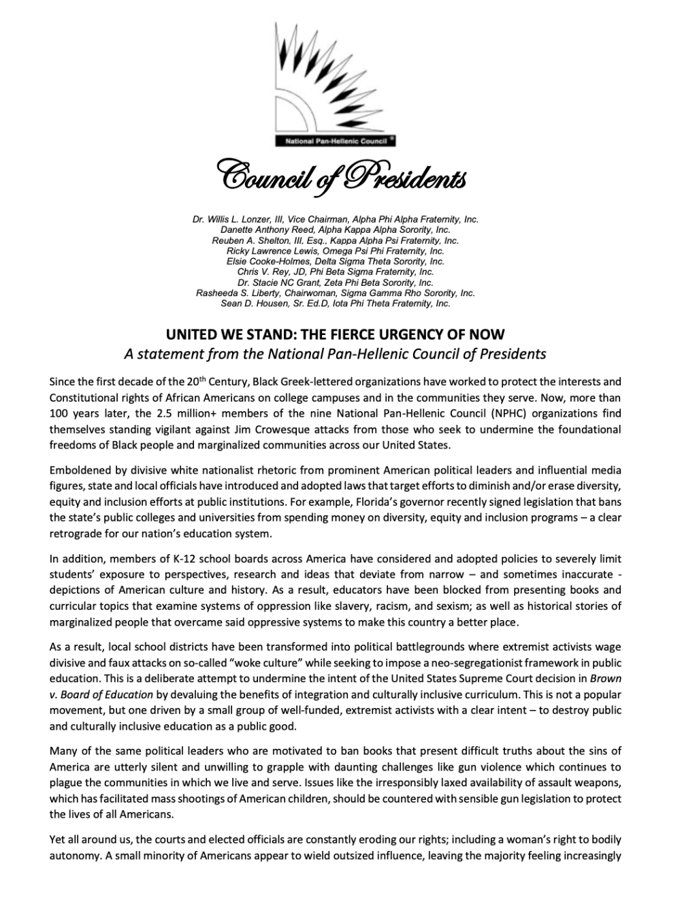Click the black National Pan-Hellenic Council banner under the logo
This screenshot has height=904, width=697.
(335, 142)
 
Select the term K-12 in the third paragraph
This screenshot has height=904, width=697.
(174, 560)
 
